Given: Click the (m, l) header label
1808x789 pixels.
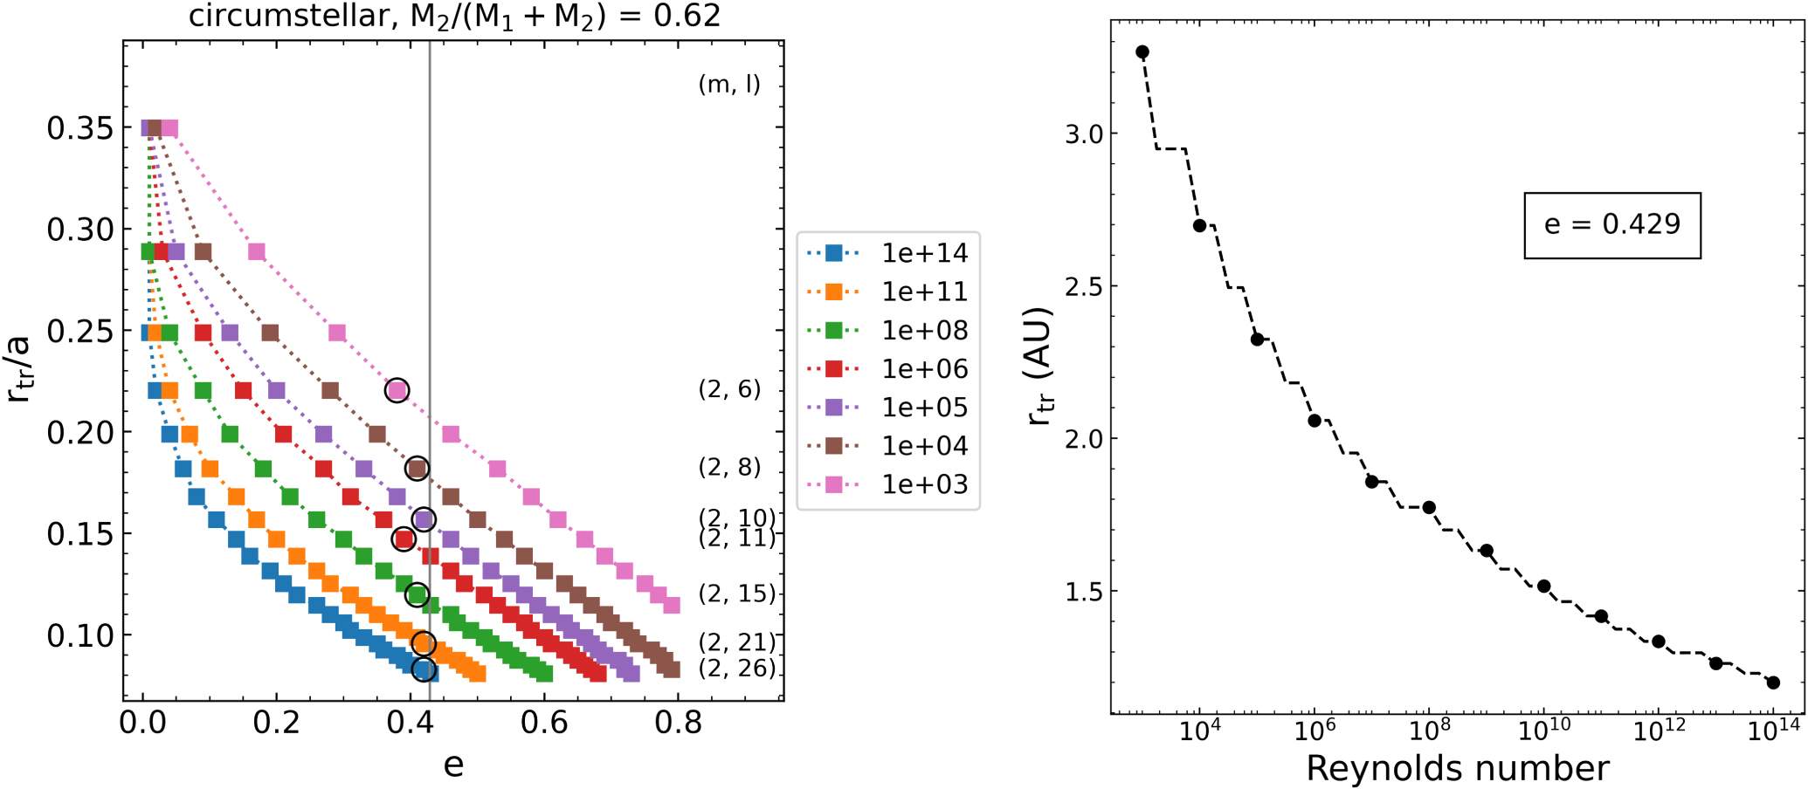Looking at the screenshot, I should pos(729,85).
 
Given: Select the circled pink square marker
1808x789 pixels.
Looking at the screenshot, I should pos(397,390).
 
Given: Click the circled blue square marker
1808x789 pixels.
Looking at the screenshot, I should pos(424,669).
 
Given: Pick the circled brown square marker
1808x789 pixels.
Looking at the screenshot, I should pos(417,469).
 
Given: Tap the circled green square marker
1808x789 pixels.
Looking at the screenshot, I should pos(417,595).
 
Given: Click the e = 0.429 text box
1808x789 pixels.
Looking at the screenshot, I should pos(1612,225).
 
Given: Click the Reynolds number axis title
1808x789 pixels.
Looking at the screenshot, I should pos(1457,768).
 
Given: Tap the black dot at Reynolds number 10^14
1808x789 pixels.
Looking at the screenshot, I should pos(1773,683).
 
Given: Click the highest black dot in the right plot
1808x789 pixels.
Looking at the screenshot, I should pos(1142,52).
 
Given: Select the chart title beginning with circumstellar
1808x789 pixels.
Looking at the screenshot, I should pos(454,16).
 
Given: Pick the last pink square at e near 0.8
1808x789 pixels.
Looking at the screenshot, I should pos(672,605).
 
